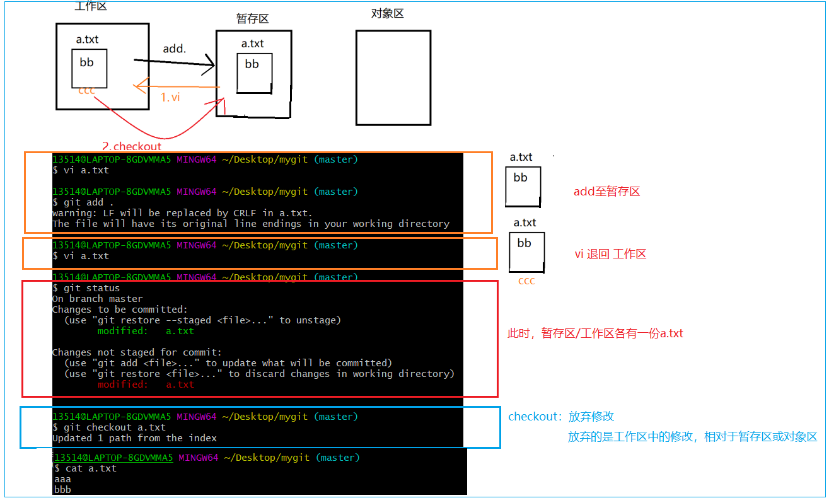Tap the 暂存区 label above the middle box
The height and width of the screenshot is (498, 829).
point(252,19)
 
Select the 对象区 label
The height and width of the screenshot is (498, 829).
point(387,13)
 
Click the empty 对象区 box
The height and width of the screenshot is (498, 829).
point(393,78)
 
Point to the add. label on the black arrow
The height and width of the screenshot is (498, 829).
point(175,49)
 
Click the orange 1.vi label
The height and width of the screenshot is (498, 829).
point(171,97)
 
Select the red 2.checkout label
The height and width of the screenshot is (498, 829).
point(131,146)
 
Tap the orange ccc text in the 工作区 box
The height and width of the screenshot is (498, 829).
point(87,91)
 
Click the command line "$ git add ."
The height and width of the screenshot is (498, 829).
point(83,202)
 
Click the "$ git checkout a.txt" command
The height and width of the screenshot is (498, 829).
point(108,427)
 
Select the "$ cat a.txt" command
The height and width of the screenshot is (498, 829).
point(86,468)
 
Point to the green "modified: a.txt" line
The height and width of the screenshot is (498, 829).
point(146,331)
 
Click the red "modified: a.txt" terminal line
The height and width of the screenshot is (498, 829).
point(146,385)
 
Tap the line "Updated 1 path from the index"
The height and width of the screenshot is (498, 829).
point(134,438)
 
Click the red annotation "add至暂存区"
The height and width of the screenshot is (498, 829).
point(606,192)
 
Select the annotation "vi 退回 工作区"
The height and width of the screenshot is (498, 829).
point(610,254)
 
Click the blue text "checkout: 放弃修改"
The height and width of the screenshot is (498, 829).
point(561,417)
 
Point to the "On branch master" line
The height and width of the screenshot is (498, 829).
point(98,299)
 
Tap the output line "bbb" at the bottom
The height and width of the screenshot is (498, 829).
point(62,489)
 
